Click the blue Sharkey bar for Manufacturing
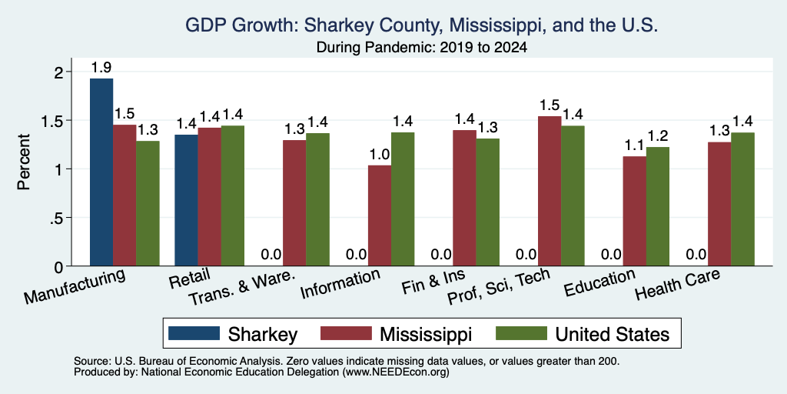pos(101,172)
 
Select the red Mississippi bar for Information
pos(380,215)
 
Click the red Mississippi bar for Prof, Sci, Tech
pos(550,191)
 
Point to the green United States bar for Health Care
pos(743,199)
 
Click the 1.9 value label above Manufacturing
pos(101,68)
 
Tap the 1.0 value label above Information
pos(380,155)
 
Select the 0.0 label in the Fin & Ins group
pos(442,255)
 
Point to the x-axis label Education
pos(600,283)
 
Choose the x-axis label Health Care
pos(679,285)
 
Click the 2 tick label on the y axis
pos(60,72)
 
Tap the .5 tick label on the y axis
pos(58,218)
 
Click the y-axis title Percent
pos(23,162)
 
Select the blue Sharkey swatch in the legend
pos(194,333)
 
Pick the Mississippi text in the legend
pos(426,334)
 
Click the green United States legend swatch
pos(521,333)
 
